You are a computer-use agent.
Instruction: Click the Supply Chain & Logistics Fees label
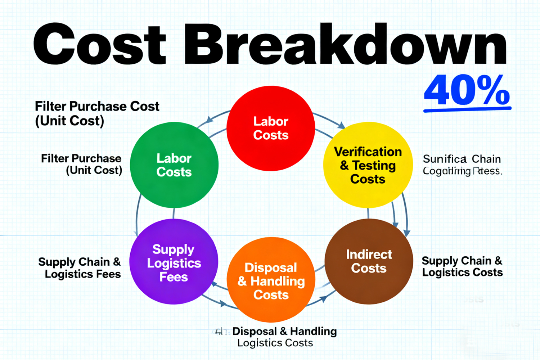click(80, 268)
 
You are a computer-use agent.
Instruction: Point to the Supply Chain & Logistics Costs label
click(462, 266)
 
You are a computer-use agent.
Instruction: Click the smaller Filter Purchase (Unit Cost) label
click(82, 164)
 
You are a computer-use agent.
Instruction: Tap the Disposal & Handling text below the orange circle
click(284, 331)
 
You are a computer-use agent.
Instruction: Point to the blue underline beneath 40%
click(467, 109)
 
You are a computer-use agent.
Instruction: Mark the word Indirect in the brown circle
click(369, 255)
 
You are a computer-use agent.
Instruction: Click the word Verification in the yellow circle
click(368, 152)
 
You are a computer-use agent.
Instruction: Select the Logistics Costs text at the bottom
click(275, 343)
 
